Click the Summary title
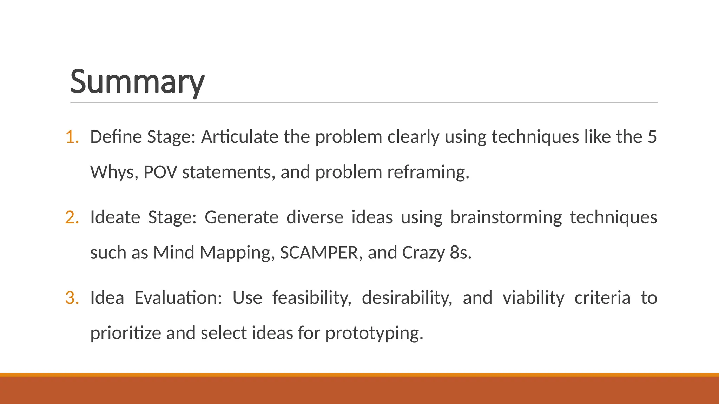pos(137,82)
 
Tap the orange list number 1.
pos(72,137)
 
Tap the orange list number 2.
pos(72,217)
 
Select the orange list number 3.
pos(72,298)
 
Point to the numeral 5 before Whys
pos(652,137)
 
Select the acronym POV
pos(160,172)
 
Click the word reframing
pos(428,172)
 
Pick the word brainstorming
pos(506,217)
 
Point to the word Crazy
pos(423,252)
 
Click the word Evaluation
pos(178,298)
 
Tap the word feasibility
pos(312,298)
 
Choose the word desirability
pos(407,298)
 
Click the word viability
pos(533,298)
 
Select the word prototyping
pos(374,333)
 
